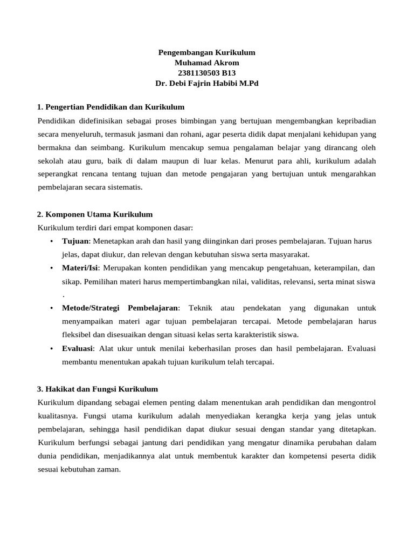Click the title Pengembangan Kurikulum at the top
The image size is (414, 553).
pyautogui.click(x=206, y=53)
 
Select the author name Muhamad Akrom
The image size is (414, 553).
pyautogui.click(x=206, y=63)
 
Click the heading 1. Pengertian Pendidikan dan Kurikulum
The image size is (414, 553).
pyautogui.click(x=111, y=107)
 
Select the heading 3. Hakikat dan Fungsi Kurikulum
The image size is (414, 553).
pyautogui.click(x=97, y=389)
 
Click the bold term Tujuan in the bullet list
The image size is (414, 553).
pyautogui.click(x=74, y=241)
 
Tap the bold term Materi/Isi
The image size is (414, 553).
pyautogui.click(x=80, y=268)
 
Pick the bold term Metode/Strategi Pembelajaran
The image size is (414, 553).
pyautogui.click(x=120, y=308)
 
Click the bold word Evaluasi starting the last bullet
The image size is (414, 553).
pyautogui.click(x=77, y=348)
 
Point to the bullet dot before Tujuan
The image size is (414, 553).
pyautogui.click(x=51, y=241)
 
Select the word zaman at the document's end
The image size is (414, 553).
pyautogui.click(x=108, y=469)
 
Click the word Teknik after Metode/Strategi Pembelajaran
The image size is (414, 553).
pyautogui.click(x=201, y=308)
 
